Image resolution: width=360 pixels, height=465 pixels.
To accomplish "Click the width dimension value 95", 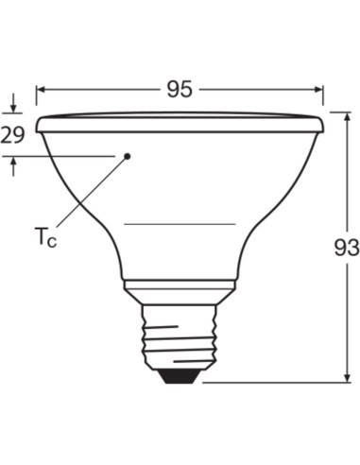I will [179, 90].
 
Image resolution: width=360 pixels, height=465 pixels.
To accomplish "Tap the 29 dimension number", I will [13, 135].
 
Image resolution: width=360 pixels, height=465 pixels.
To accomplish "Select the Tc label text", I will [44, 236].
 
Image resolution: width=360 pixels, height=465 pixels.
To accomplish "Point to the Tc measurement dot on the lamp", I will [128, 155].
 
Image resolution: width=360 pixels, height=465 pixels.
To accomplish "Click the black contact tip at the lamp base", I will [180, 376].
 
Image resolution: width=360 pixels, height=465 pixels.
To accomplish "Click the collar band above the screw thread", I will [180, 291].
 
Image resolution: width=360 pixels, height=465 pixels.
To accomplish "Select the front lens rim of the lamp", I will [180, 123].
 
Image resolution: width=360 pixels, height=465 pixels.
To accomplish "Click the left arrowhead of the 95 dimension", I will [41, 90].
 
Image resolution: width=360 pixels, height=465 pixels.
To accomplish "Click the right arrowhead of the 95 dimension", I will [319, 90].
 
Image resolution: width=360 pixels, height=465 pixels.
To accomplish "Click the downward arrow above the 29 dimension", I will [14, 110].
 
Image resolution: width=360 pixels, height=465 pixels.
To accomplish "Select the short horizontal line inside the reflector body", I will [180, 224].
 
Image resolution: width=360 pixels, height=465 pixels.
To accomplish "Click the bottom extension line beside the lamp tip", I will [274, 383].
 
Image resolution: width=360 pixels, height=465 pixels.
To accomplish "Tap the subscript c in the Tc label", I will [52, 242].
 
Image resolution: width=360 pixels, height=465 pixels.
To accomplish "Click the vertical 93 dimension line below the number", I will [345, 321].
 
